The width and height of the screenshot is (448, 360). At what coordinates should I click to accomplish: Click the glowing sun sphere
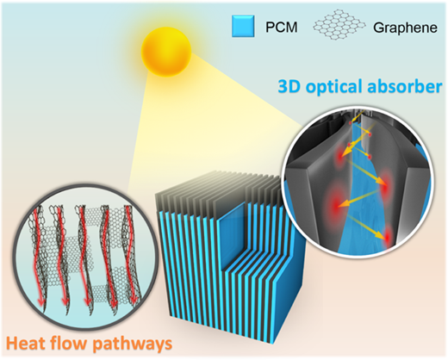pyautogui.click(x=166, y=52)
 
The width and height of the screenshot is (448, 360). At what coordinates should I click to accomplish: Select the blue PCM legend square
pyautogui.click(x=243, y=26)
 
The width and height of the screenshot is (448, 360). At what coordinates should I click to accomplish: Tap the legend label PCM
pyautogui.click(x=282, y=28)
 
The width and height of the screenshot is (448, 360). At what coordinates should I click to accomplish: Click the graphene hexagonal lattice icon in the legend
pyautogui.click(x=339, y=27)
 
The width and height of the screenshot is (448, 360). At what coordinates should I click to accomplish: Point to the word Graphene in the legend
pyautogui.click(x=405, y=28)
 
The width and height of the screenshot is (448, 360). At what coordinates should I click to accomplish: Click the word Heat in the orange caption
pyautogui.click(x=25, y=343)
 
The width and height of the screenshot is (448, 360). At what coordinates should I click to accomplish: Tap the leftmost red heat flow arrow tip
pyautogui.click(x=40, y=304)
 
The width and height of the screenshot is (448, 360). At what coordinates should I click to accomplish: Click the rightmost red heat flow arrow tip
pyautogui.click(x=134, y=303)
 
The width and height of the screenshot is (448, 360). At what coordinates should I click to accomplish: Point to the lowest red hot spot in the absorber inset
pyautogui.click(x=388, y=237)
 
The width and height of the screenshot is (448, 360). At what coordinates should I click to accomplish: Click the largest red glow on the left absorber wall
pyautogui.click(x=335, y=203)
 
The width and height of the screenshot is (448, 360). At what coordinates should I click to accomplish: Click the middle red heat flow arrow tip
pyautogui.click(x=86, y=303)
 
